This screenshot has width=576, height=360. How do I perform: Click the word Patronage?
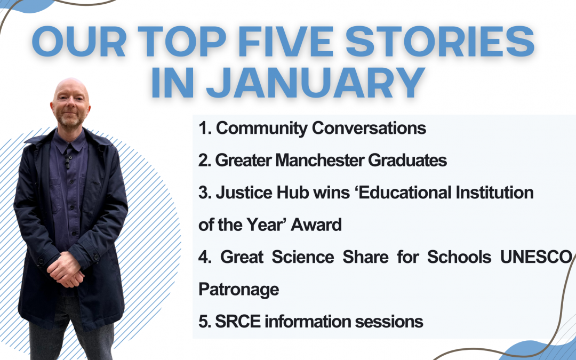[x=238, y=289]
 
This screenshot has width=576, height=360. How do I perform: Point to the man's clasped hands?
[x=65, y=269]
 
